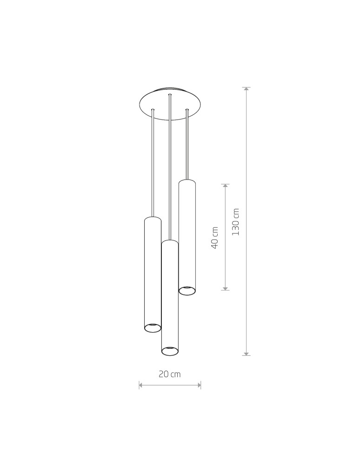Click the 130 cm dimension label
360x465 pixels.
(236, 222)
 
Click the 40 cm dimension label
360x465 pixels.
(215, 238)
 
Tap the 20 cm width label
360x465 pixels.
(169, 374)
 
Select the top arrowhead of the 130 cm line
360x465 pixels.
(246, 88)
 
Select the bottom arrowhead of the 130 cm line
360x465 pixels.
(246, 354)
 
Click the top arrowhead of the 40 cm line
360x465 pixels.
(225, 186)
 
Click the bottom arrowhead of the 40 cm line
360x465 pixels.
(225, 289)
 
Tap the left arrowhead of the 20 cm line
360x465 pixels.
(140, 385)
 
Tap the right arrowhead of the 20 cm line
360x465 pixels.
(199, 385)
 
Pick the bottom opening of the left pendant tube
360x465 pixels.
(153, 328)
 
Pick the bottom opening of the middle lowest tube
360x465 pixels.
(170, 351)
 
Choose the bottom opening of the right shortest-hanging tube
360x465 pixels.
(187, 291)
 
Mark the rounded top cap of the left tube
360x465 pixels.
(153, 218)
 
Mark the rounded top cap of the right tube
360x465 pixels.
(187, 181)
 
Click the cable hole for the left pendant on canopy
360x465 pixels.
(153, 110)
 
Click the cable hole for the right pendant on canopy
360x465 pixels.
(187, 110)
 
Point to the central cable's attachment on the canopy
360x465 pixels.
(170, 95)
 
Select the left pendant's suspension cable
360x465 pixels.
(153, 163)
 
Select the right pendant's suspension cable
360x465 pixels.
(187, 144)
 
